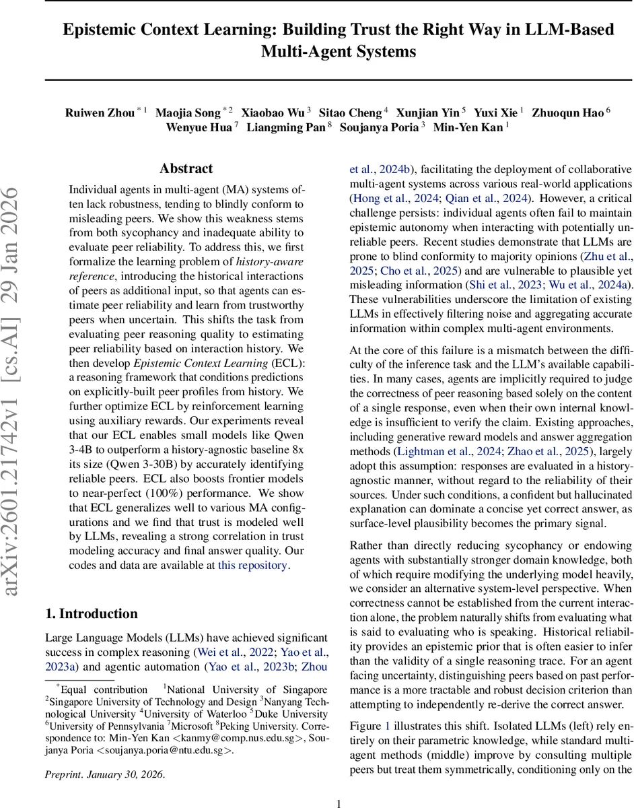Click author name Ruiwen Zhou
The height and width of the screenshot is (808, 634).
[x=100, y=113]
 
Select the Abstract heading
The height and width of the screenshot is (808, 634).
[x=186, y=169]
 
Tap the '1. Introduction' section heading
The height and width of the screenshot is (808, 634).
[x=92, y=613]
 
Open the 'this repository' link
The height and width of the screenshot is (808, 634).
[x=252, y=566]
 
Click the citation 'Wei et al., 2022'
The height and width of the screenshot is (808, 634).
[x=234, y=652]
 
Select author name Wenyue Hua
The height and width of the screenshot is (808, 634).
[x=199, y=128]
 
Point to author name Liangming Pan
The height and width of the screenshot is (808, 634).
[x=286, y=128]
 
